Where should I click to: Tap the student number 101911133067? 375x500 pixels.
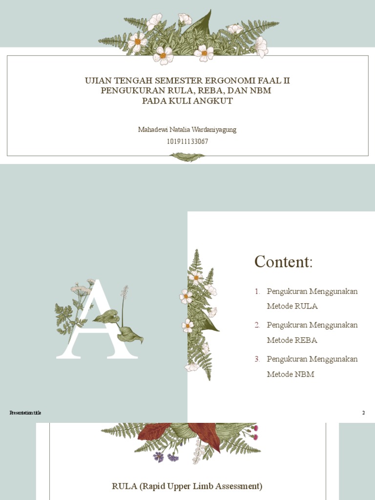[x=187, y=142]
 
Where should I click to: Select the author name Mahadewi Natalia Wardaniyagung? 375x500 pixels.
[x=187, y=130]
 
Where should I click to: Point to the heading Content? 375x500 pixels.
[x=283, y=262]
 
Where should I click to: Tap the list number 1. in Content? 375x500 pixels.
[x=257, y=292]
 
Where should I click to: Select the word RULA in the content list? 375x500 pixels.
[x=306, y=306]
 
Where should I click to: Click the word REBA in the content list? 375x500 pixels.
[x=306, y=340]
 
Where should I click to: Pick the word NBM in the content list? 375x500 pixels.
[x=305, y=374]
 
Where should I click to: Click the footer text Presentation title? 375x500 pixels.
[x=25, y=413]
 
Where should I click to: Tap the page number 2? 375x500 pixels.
[x=363, y=413]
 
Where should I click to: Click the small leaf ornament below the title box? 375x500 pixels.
[x=187, y=157]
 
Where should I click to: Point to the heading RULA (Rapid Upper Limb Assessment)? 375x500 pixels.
[x=187, y=486]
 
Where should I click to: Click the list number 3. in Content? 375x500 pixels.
[x=257, y=359]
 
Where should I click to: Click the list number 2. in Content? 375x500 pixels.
[x=257, y=325]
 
